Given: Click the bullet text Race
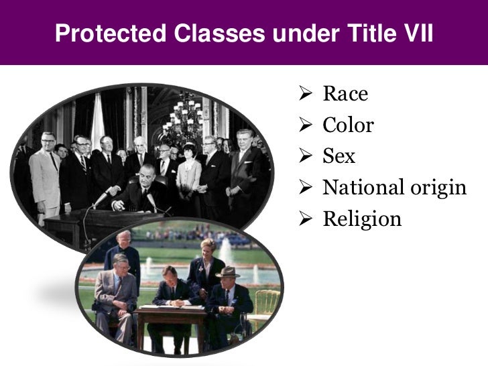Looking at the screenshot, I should click(x=345, y=94).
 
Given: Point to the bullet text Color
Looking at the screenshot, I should click(x=348, y=125).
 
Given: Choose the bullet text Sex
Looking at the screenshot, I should click(x=339, y=156).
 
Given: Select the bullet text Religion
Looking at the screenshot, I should click(x=362, y=219).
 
